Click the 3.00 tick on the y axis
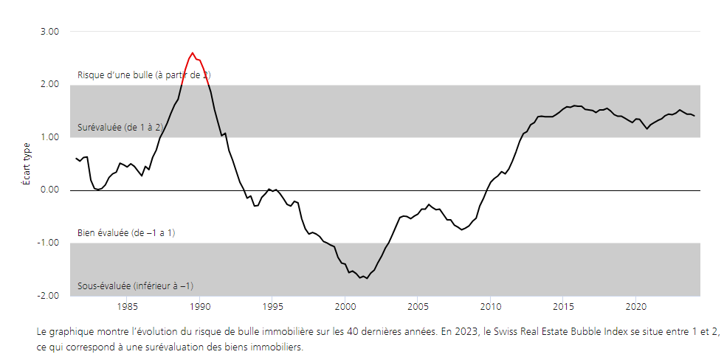[49, 32]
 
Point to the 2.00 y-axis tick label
[49, 84]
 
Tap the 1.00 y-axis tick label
[49, 137]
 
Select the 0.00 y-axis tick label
[49, 190]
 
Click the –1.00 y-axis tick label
[48, 243]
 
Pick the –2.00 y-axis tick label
[48, 296]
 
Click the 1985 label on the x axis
[127, 306]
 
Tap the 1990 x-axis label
[200, 306]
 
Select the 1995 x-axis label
[272, 306]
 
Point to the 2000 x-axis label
[345, 306]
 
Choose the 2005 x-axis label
[418, 306]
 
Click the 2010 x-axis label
[491, 306]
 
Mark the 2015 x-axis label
[563, 306]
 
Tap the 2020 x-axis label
[636, 306]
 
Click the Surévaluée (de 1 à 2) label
[120, 128]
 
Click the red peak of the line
[193, 53]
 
